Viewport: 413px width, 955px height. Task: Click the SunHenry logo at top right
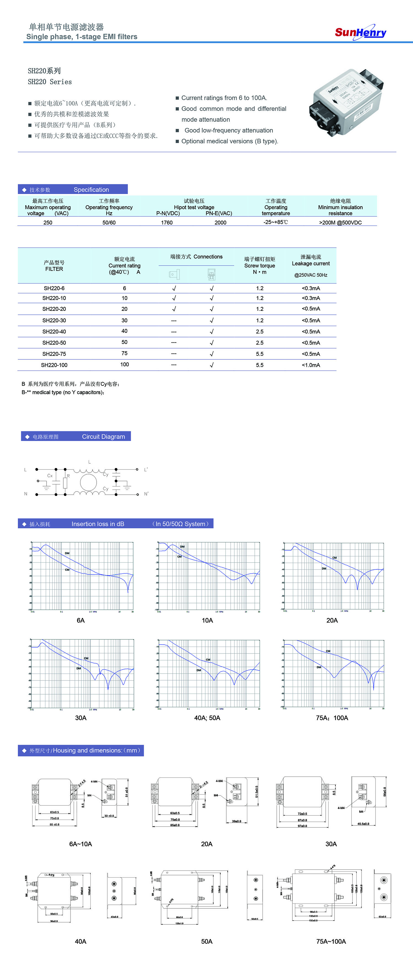click(x=360, y=32)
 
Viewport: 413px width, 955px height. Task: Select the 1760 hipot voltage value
click(x=167, y=222)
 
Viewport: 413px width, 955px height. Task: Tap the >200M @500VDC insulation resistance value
click(x=340, y=222)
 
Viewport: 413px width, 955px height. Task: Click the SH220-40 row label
click(x=54, y=332)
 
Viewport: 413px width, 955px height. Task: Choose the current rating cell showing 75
click(x=124, y=354)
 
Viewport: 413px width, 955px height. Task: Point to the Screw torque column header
click(x=259, y=265)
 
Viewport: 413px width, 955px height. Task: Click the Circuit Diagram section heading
click(x=103, y=436)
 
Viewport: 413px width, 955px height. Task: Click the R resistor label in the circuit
click(x=68, y=476)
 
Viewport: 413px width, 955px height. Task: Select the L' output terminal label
click(x=146, y=470)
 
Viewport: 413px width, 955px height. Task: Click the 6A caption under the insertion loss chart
click(x=80, y=620)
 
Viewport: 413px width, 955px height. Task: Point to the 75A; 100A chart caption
click(x=332, y=718)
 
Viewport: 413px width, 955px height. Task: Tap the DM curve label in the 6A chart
click(x=67, y=553)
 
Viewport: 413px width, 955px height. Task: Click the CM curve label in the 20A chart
click(x=335, y=558)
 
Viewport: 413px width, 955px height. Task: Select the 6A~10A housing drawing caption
click(x=80, y=844)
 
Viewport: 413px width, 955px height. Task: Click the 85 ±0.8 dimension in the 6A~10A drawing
click(x=55, y=825)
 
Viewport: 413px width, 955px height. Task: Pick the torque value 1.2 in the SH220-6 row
click(x=260, y=288)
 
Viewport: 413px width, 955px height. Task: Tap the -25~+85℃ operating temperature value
click(x=276, y=222)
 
